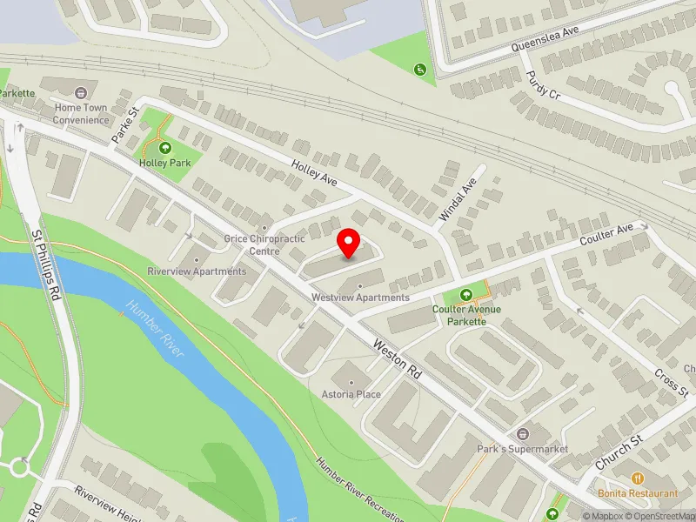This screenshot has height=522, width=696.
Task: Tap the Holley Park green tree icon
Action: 165,147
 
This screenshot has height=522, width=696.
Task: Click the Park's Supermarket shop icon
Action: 522,433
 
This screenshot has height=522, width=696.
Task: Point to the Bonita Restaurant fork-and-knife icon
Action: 638,478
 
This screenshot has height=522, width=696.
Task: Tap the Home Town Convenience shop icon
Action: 82,92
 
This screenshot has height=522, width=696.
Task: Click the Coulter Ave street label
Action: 606,234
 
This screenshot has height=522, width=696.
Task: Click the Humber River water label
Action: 157,330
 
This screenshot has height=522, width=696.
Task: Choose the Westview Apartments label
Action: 360,298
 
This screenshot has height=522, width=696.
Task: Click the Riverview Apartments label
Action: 197,271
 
